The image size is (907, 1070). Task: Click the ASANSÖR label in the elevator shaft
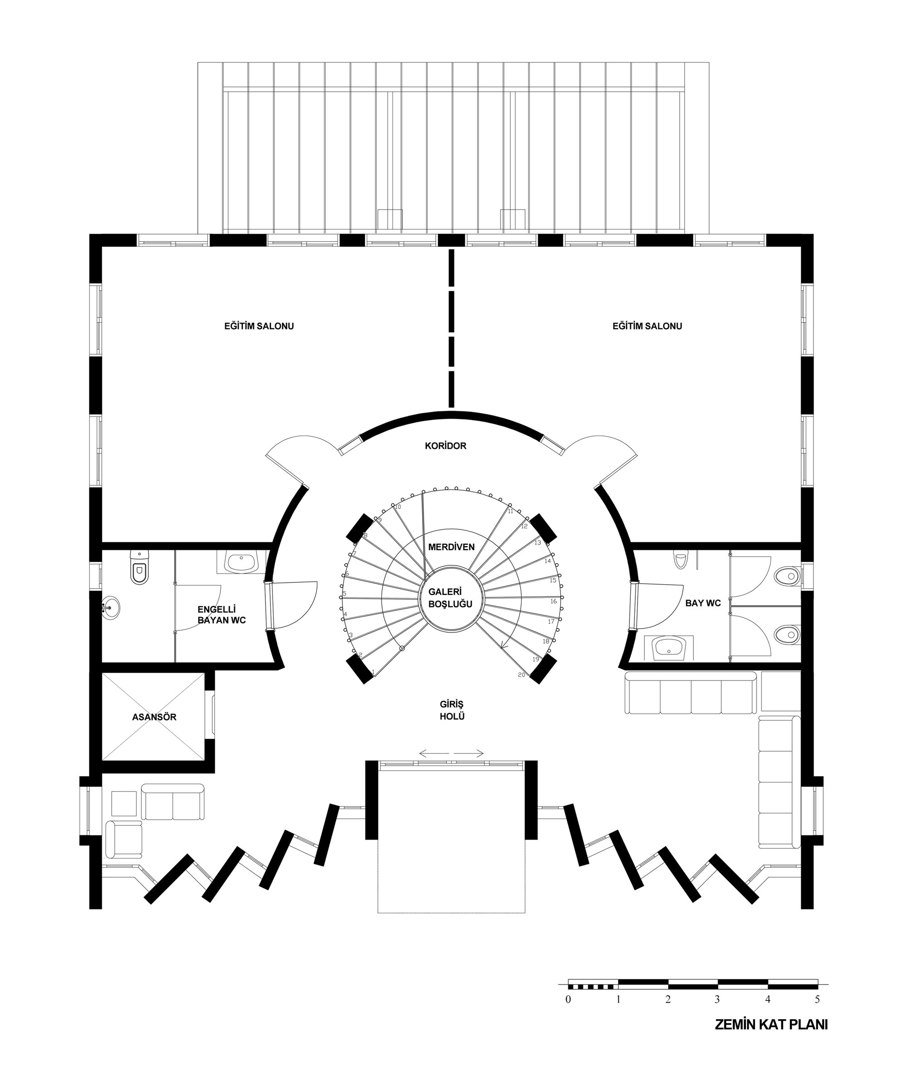154,717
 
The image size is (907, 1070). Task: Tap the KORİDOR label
446,446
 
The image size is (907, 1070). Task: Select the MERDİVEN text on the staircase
451,547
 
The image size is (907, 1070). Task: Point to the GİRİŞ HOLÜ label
452,709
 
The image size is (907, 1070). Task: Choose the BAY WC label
703,603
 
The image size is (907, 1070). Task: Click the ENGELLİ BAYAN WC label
222,615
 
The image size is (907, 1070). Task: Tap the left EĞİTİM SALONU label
258,326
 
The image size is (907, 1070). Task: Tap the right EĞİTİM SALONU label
647,326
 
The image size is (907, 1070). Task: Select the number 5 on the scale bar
817,1000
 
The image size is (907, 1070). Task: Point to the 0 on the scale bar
568,1000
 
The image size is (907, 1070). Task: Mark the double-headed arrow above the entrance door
451,754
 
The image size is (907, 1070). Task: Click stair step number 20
522,674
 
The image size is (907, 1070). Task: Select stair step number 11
510,512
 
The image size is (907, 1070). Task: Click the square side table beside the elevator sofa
124,804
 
